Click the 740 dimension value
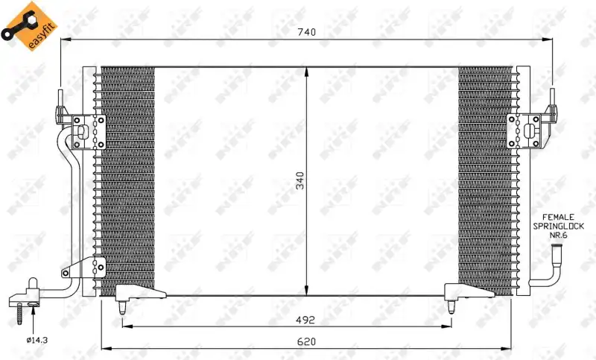[x=306, y=32]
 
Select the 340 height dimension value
[x=300, y=180]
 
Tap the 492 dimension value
[x=305, y=320]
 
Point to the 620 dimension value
[x=306, y=342]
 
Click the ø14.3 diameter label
[x=37, y=340]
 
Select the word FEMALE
[x=558, y=218]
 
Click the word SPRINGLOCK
[x=558, y=226]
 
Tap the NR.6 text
[x=558, y=236]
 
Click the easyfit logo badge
[x=30, y=26]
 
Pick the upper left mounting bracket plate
[x=89, y=132]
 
